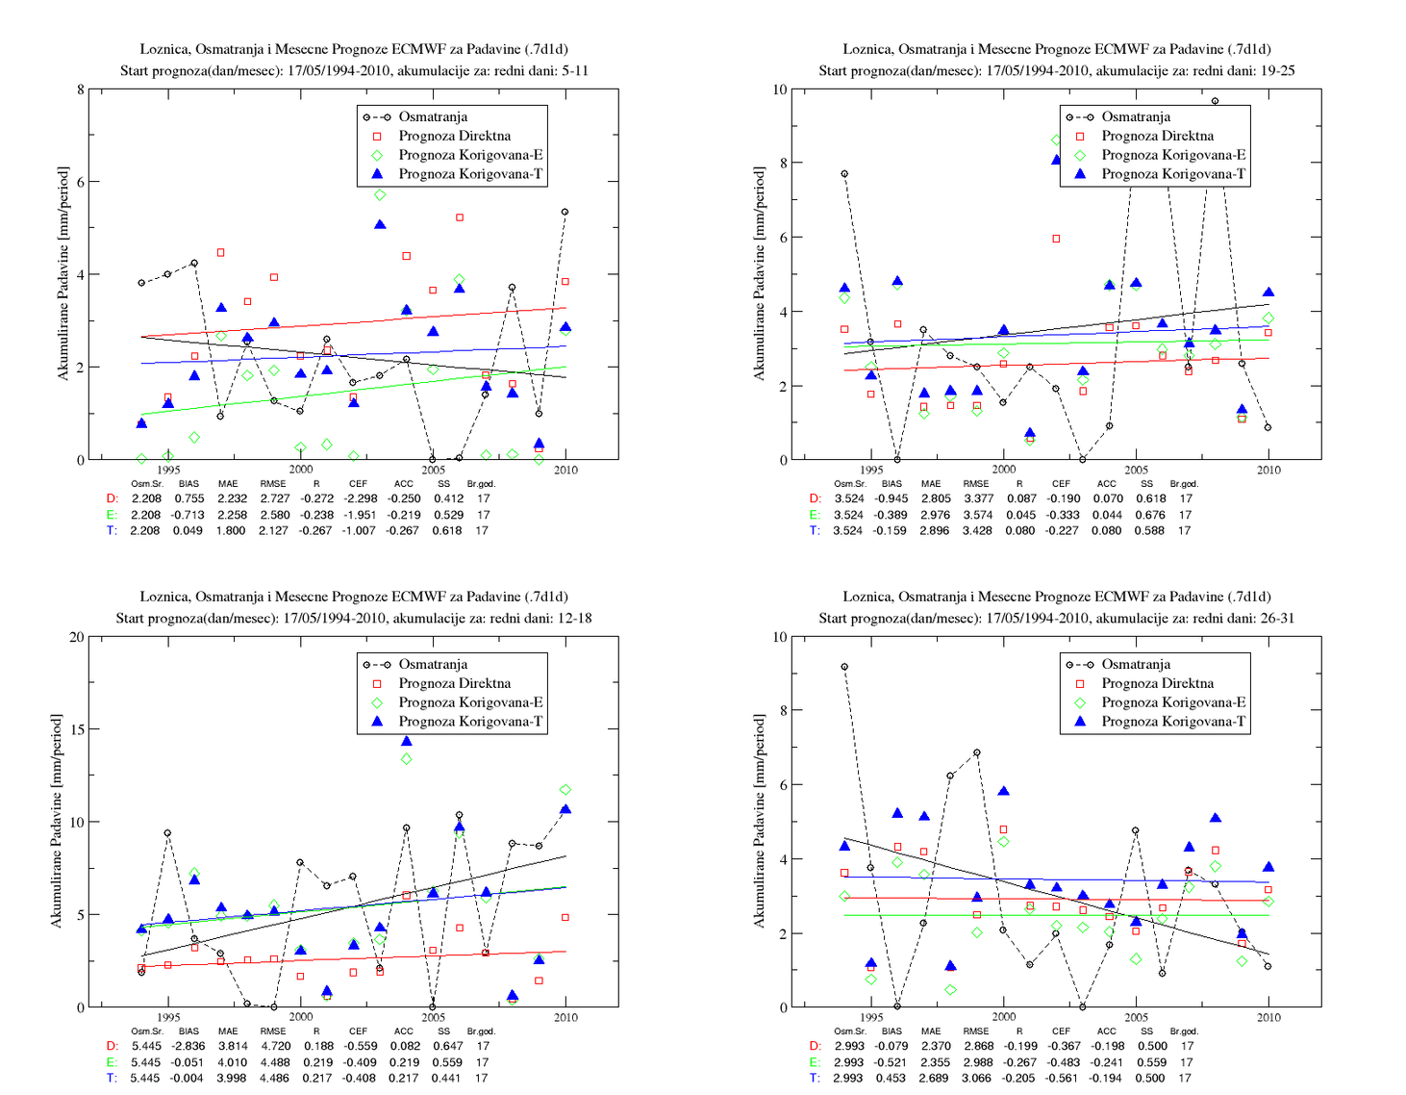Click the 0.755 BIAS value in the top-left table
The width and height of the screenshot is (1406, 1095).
click(x=188, y=498)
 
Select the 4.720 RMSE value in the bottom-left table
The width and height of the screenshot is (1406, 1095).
click(x=275, y=1046)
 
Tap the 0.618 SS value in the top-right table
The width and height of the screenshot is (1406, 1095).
click(x=1150, y=498)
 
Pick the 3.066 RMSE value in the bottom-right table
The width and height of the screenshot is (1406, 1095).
click(x=977, y=1079)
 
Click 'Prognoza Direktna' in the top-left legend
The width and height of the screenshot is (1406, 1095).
click(x=454, y=136)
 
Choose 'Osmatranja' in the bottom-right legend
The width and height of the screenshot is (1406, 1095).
click(x=1136, y=664)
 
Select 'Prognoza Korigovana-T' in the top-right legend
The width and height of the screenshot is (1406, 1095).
click(x=1173, y=174)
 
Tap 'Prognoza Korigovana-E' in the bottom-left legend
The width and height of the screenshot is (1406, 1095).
click(x=470, y=702)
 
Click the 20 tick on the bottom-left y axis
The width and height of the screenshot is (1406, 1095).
click(x=76, y=637)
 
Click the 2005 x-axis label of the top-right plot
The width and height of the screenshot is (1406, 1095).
click(x=1136, y=470)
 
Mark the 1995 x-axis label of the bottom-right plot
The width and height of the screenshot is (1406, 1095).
click(x=871, y=1017)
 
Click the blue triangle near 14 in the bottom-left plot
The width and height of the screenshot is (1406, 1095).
click(x=407, y=741)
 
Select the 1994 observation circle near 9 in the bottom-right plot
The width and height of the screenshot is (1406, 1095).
click(x=844, y=667)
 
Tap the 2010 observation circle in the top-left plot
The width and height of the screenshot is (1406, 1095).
click(x=565, y=212)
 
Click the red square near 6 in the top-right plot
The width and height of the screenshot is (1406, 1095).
click(x=1056, y=239)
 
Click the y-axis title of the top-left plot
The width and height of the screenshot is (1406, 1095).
click(x=63, y=273)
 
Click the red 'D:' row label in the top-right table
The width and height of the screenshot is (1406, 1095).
click(x=815, y=498)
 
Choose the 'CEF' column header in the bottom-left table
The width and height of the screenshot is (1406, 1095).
click(x=358, y=1031)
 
